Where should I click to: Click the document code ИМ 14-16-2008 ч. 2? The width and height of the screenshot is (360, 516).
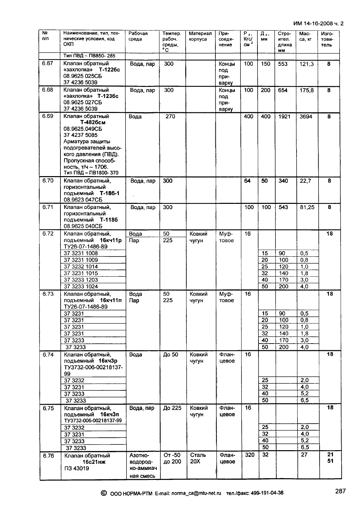tap(318, 24)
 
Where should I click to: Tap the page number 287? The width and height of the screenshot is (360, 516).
tap(340, 491)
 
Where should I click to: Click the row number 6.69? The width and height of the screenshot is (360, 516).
tap(48, 116)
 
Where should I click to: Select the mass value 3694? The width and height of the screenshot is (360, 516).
tap(306, 117)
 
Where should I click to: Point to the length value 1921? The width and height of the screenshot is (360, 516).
tap(284, 117)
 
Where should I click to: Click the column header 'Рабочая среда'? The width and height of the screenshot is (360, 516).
tap(138, 36)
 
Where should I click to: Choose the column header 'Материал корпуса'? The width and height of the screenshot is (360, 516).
tap(200, 36)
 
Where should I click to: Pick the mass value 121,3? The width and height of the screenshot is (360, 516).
tap(306, 64)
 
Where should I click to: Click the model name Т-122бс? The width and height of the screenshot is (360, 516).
tap(110, 70)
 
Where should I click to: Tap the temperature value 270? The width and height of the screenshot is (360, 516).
tap(170, 117)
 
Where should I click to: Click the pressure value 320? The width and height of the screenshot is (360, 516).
tap(249, 455)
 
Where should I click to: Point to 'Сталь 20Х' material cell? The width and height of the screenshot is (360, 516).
tap(198, 458)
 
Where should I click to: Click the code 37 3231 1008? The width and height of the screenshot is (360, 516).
tap(81, 254)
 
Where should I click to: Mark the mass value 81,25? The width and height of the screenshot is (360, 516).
tap(307, 207)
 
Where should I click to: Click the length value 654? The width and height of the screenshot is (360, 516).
tap(283, 90)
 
